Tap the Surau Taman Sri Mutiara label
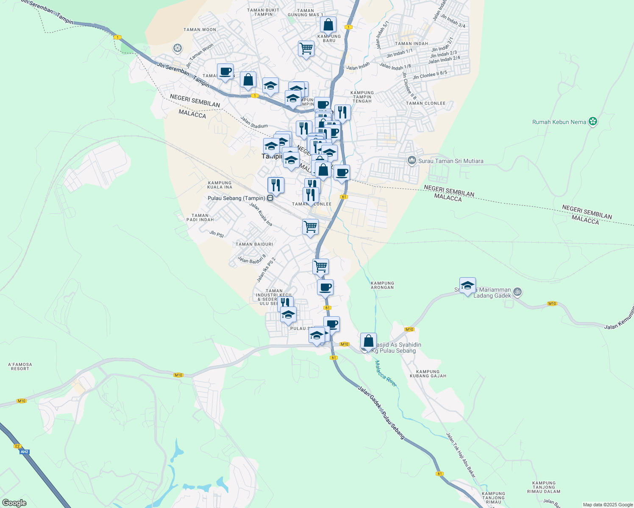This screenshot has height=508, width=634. pos(450,161)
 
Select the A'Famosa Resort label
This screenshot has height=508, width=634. pos(20,367)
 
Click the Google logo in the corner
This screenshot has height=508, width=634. pos(14,503)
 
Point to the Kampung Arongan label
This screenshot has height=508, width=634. pos(382,285)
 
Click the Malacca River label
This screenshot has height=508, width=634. pos(386,373)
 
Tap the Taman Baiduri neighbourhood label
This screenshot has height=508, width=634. pos(254,244)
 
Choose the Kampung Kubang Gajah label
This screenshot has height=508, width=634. pos(428,374)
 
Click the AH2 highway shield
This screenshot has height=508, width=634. pos(24,452)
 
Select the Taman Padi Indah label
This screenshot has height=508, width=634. pos(200,218)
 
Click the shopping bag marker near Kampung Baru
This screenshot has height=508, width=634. pos(328,25)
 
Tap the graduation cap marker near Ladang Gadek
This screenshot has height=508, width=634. pos(467,286)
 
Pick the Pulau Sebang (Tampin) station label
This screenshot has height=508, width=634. pos(236,198)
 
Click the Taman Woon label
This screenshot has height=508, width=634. pos(200,30)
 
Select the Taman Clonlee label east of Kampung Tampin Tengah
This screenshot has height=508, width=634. pos(425,103)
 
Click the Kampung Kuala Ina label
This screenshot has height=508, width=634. pos(220,185)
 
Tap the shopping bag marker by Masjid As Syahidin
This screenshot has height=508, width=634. pos(368,341)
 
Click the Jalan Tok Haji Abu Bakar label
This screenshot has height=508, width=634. pos(461,455)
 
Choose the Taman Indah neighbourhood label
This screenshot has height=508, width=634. pos(411,44)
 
